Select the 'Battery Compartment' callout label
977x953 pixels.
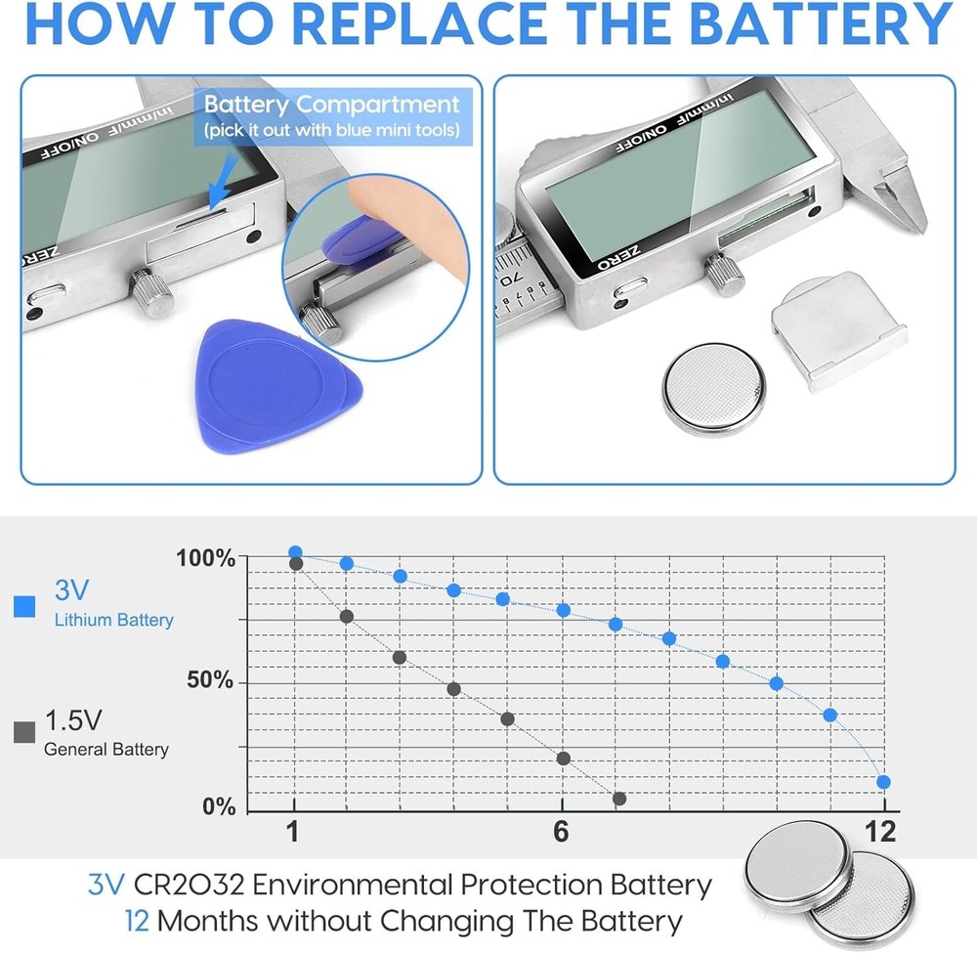(332, 116)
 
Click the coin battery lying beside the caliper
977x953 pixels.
(713, 388)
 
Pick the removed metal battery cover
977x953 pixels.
(838, 331)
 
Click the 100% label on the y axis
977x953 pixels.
(205, 558)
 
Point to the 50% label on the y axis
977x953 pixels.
(210, 680)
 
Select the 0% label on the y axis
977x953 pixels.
(219, 806)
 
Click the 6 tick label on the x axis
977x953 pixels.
(561, 832)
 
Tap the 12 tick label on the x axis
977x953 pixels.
(880, 832)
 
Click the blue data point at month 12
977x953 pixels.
(883, 782)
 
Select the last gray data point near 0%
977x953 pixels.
(618, 799)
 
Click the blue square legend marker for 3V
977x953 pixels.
(25, 606)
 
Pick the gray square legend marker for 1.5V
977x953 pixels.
(25, 732)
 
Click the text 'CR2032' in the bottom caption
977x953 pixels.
(189, 885)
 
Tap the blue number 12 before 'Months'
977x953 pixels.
(137, 921)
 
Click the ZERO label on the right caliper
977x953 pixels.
(617, 257)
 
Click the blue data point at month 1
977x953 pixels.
(295, 552)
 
